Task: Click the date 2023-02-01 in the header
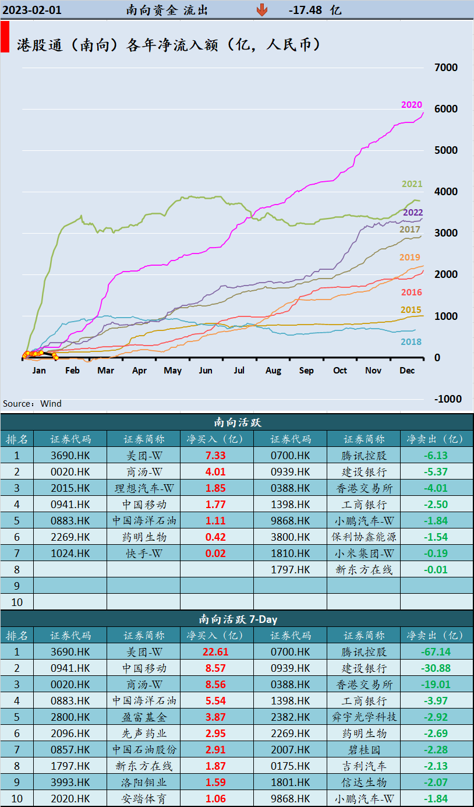pyautogui.click(x=32, y=10)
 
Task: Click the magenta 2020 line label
pyautogui.click(x=411, y=105)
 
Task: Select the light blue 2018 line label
pyautogui.click(x=411, y=342)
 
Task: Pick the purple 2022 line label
pyautogui.click(x=413, y=213)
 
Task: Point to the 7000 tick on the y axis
pyautogui.click(x=446, y=67)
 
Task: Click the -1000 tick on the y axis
pyautogui.click(x=446, y=399)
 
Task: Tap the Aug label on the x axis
pyautogui.click(x=273, y=371)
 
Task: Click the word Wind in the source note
pyautogui.click(x=51, y=403)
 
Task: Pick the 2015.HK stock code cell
pyautogui.click(x=70, y=488)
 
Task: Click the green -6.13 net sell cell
pyautogui.click(x=436, y=456)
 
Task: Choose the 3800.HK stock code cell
pyautogui.click(x=290, y=537)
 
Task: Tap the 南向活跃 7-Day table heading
pyautogui.click(x=237, y=619)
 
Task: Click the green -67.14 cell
pyautogui.click(x=436, y=652)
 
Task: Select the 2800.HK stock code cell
pyautogui.click(x=70, y=717)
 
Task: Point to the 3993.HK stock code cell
pyautogui.click(x=70, y=783)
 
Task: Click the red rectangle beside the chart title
pyautogui.click(x=5, y=38)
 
